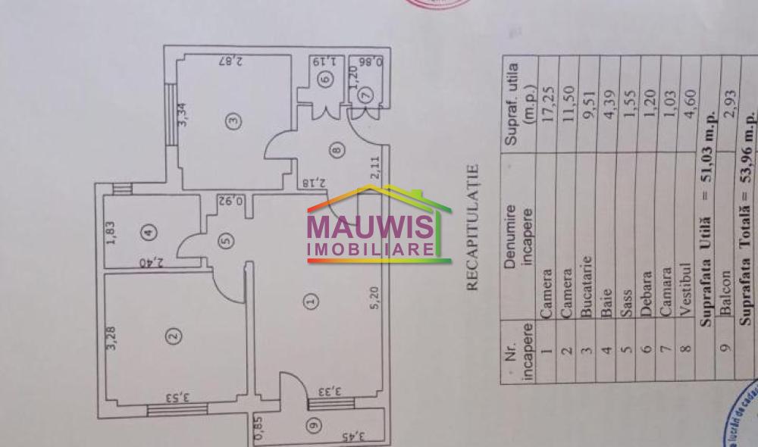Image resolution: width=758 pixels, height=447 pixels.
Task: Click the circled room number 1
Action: point(309,302)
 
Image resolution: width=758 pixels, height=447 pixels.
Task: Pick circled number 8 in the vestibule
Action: point(337,151)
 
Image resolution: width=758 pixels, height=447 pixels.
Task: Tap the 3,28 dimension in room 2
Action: point(112,338)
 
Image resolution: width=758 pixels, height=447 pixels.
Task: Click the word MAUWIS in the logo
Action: point(370,228)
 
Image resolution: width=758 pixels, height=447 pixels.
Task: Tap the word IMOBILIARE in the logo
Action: point(370,249)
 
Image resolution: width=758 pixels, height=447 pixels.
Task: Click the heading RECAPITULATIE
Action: point(473,227)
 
